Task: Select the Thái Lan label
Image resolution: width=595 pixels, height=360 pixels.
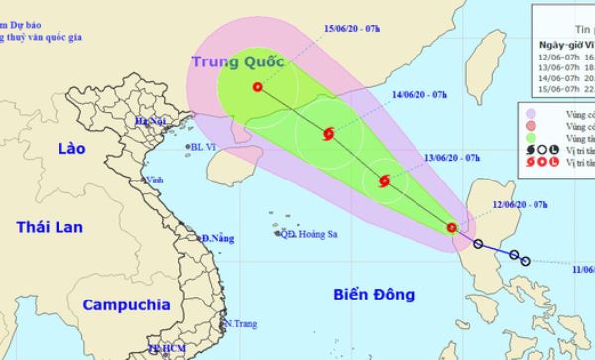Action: coord(49,229)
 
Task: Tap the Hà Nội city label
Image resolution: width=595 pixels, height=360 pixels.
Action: coord(152,121)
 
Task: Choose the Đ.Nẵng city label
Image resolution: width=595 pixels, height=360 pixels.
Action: coord(219,239)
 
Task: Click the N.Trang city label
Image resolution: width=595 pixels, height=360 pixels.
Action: coord(240,324)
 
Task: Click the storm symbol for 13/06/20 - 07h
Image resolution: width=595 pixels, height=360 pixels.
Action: coord(385,180)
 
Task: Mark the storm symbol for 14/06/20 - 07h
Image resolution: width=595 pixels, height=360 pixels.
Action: coord(329,134)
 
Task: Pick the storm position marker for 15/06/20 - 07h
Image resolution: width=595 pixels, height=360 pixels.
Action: coord(258,87)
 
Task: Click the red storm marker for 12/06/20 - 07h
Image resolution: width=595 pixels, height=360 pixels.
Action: coord(452,228)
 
